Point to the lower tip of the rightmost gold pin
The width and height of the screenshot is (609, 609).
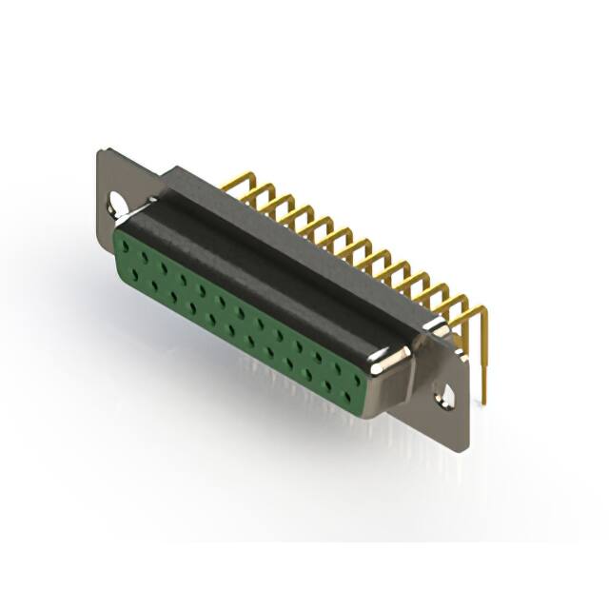(484, 400)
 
